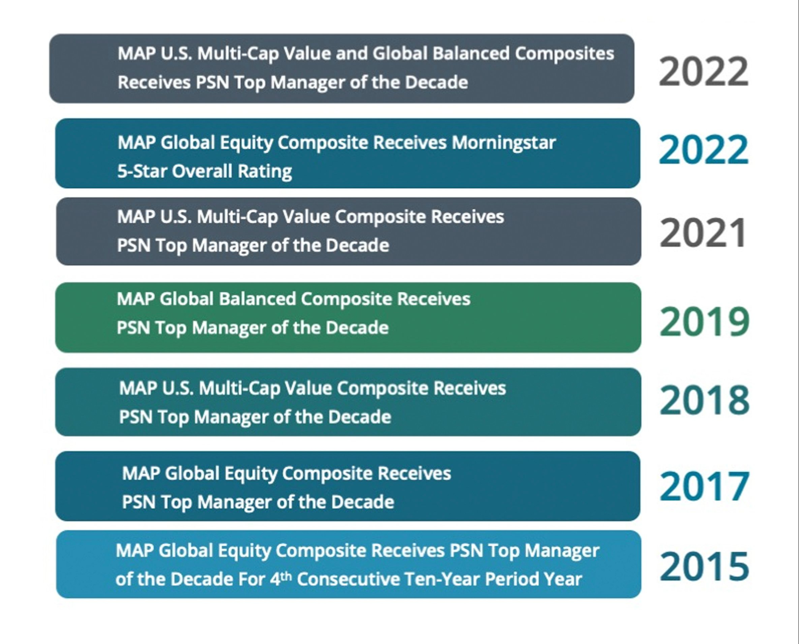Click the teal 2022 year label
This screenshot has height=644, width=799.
point(704,150)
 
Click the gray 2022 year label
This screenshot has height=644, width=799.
point(704,71)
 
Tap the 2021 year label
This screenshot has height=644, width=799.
point(703,233)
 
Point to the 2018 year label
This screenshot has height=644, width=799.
point(704,400)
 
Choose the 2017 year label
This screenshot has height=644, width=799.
point(704,487)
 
